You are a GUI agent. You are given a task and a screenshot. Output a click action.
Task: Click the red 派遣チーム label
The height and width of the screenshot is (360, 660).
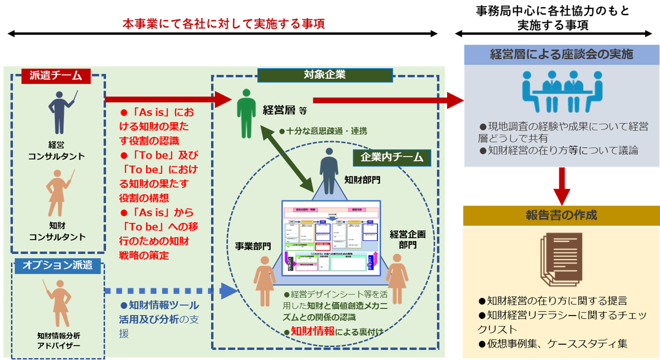pyautogui.click(x=56, y=76)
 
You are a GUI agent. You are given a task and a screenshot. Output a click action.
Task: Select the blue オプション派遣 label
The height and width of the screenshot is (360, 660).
pyautogui.click(x=57, y=265)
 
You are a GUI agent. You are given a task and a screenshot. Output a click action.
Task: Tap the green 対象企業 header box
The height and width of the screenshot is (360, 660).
pyautogui.click(x=325, y=75)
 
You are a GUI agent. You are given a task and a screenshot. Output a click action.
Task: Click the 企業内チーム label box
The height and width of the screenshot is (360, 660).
pyautogui.click(x=392, y=158)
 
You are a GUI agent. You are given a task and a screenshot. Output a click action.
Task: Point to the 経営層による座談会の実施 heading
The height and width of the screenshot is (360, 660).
pyautogui.click(x=561, y=55)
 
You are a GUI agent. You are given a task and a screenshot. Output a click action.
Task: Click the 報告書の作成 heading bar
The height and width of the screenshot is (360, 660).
pyautogui.click(x=561, y=215)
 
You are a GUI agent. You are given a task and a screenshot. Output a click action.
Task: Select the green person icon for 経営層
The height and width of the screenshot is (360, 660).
pyautogui.click(x=246, y=114)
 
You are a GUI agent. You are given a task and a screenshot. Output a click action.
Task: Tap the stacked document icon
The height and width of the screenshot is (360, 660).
pyautogui.click(x=561, y=259)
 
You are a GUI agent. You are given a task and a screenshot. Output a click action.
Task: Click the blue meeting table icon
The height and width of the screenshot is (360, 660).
pyautogui.click(x=562, y=91)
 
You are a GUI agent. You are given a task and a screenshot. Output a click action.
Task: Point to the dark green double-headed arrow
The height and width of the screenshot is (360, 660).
pyautogui.click(x=287, y=159)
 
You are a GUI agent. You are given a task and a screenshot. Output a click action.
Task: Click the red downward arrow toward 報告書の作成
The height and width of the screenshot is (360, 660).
pyautogui.click(x=561, y=186)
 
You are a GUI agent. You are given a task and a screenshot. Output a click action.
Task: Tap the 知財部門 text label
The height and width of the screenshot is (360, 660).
pyautogui.click(x=362, y=180)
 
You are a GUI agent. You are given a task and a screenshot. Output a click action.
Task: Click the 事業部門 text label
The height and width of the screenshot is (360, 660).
pyautogui.click(x=253, y=246)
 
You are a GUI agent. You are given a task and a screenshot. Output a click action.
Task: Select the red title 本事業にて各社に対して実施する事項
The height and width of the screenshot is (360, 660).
pyautogui.click(x=224, y=24)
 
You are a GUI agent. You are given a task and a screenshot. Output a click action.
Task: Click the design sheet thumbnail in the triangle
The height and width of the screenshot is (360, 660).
pyautogui.click(x=331, y=238)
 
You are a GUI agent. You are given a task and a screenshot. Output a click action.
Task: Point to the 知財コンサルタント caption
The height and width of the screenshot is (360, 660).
pyautogui.click(x=57, y=232)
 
